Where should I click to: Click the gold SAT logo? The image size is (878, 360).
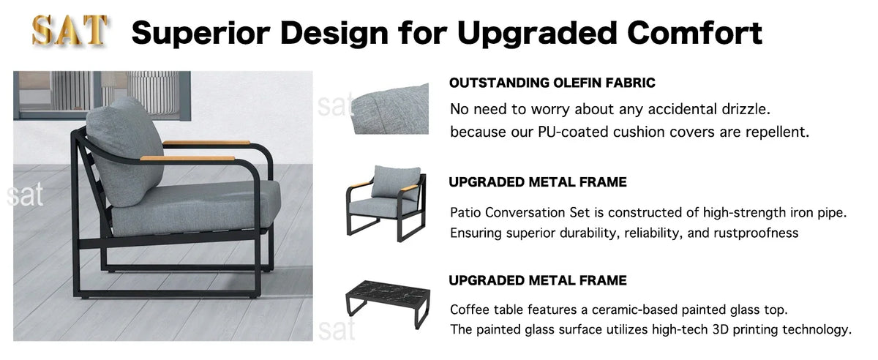click(69, 31)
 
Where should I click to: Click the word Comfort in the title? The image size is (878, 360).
click(694, 33)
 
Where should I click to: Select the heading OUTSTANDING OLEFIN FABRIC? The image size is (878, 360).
click(552, 83)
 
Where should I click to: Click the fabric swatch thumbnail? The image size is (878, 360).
click(390, 108)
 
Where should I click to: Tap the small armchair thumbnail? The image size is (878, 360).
click(386, 203)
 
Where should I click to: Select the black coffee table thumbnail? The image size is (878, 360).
click(388, 304)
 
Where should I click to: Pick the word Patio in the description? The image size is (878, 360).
click(465, 212)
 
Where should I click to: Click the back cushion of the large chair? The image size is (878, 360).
click(124, 151)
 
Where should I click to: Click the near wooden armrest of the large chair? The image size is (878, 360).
click(187, 159)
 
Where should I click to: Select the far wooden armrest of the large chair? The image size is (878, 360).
click(206, 143)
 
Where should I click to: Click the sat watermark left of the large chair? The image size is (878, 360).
click(25, 195)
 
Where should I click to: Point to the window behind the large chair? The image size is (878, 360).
click(102, 95)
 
